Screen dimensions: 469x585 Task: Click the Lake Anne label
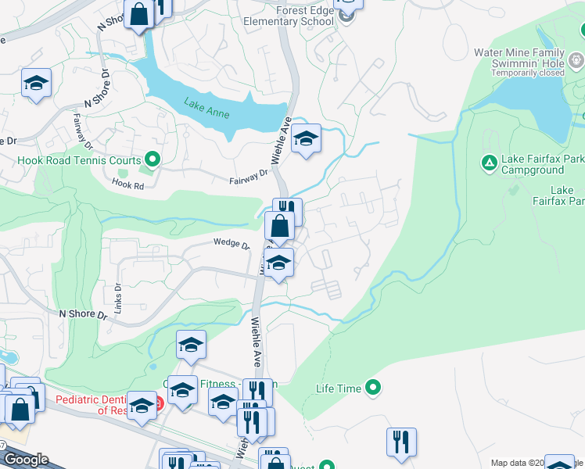click(x=206, y=108)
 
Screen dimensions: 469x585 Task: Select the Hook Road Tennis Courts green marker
click(x=153, y=161)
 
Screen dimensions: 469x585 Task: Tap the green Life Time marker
click(x=373, y=387)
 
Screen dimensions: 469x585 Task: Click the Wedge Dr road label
click(x=231, y=244)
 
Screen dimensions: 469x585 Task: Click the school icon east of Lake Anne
click(x=306, y=140)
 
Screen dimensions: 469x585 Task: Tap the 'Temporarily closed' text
click(x=528, y=73)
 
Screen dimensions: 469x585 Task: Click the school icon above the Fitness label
click(x=191, y=345)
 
